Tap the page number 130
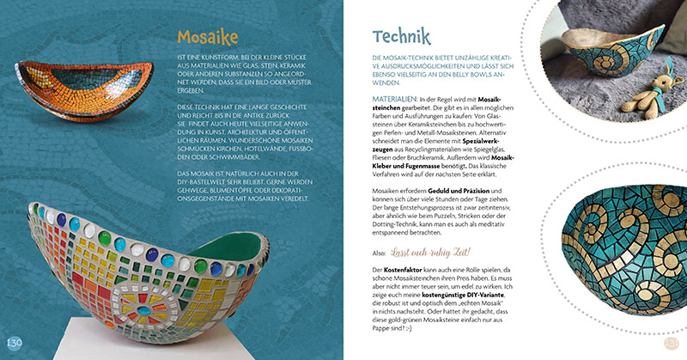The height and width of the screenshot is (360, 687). pos(14,344)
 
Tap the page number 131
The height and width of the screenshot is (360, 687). pos(672,344)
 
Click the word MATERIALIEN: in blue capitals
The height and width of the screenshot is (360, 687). pos(394,100)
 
